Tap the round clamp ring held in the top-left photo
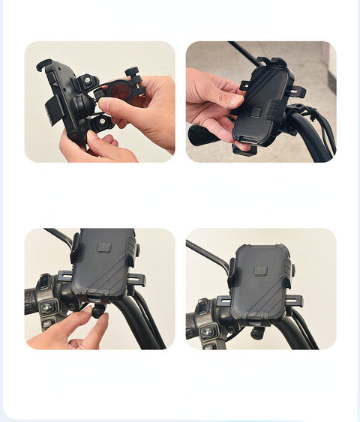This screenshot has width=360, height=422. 120,91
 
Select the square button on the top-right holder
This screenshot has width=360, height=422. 256,112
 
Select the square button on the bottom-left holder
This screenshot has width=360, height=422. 103,247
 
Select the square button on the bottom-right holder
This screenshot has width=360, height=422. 260,270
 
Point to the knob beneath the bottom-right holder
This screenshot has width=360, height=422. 257,333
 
